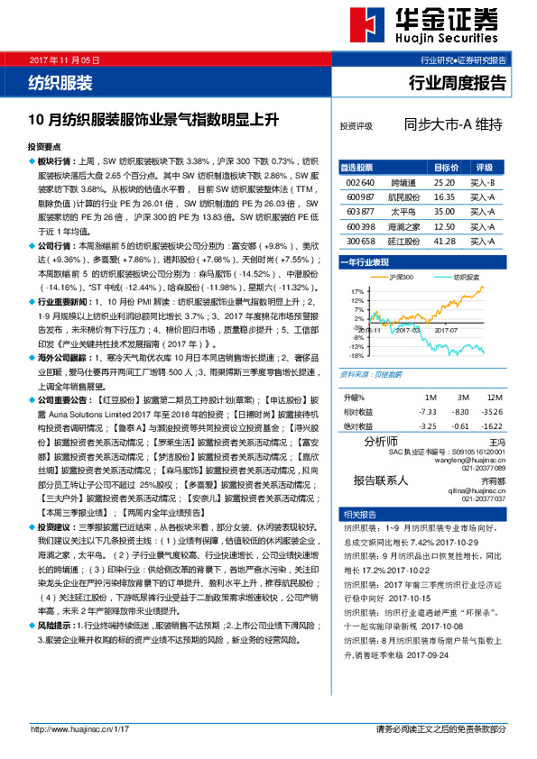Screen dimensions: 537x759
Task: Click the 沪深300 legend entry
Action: (400, 277)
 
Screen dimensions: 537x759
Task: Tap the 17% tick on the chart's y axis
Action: (356, 291)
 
